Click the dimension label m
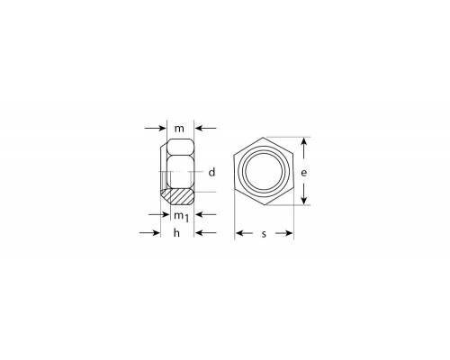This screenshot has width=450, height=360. tap(179, 129)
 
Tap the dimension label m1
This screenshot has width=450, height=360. tap(182, 216)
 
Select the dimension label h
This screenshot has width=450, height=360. tap(176, 232)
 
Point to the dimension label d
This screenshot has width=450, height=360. tap(211, 172)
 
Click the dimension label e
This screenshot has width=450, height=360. tap(304, 173)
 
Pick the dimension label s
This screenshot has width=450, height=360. tap(264, 234)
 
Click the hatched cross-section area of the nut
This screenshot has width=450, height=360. tap(178, 197)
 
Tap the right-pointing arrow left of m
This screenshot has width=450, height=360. tap(155, 129)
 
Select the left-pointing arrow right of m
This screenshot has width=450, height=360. tap(206, 129)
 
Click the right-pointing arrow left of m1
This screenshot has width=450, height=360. tap(159, 214)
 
